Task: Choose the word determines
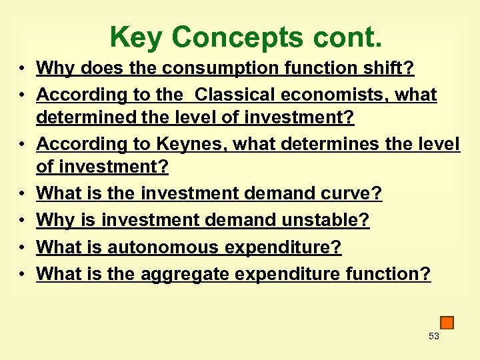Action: pos(302,144)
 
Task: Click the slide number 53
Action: pos(434,336)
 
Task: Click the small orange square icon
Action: pos(447,323)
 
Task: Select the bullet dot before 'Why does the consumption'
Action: pos(22,68)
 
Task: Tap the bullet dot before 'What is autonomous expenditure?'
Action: pos(22,247)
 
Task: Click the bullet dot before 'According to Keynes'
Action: pos(22,144)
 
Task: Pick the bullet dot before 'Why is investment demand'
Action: pos(22,220)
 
